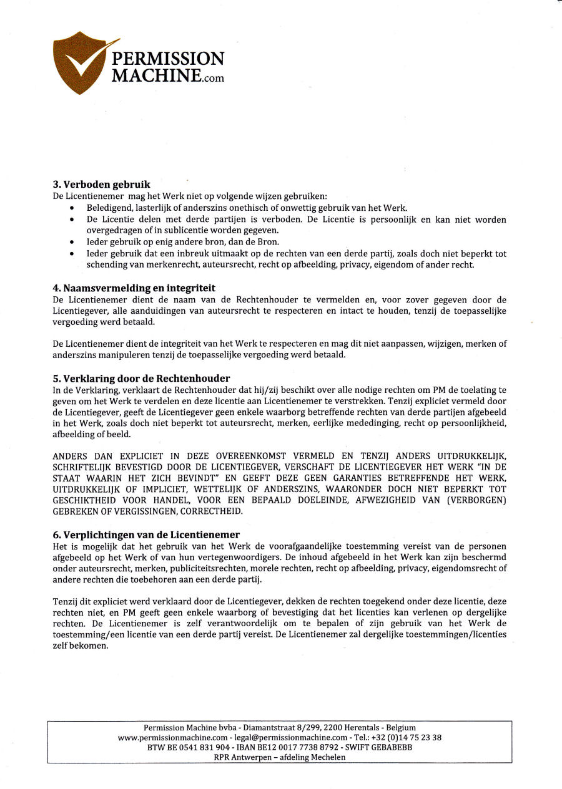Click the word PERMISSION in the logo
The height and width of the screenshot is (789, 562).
167,59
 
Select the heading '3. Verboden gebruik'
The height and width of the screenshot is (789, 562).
101,185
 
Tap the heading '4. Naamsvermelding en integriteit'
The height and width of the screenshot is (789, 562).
134,288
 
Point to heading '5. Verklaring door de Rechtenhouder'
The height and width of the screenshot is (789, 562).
141,379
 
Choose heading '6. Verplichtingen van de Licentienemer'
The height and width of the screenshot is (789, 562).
146,535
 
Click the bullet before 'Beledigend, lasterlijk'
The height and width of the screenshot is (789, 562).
73,208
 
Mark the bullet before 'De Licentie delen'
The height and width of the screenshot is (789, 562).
73,220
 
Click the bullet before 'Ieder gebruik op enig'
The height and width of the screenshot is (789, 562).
73,243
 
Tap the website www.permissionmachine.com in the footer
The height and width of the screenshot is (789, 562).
172,737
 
